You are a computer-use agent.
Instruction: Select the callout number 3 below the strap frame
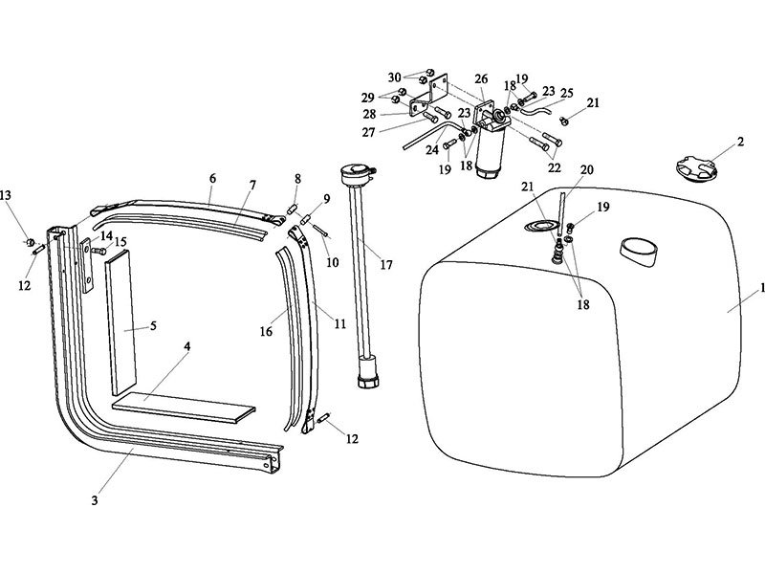[x=94, y=499]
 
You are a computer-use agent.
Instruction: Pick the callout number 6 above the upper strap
[x=212, y=178]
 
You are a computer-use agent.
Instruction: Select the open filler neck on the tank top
[x=638, y=251]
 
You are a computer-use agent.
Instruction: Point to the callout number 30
[x=395, y=77]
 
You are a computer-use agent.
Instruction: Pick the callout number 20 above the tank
[x=586, y=169]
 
